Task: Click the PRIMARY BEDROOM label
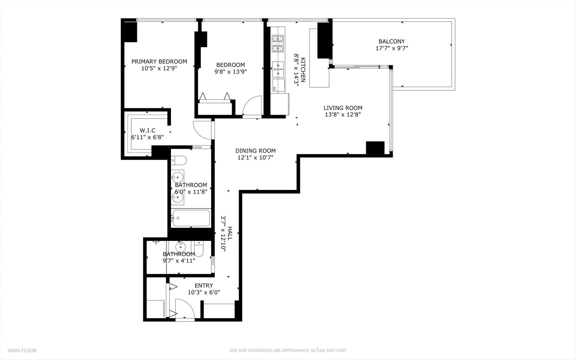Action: pyautogui.click(x=159, y=61)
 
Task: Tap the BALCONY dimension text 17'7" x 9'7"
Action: pyautogui.click(x=391, y=48)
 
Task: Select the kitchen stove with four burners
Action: pyautogui.click(x=278, y=43)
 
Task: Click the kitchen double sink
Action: pyautogui.click(x=278, y=69)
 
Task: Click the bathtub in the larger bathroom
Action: pyautogui.click(x=191, y=218)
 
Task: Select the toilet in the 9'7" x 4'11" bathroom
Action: pyautogui.click(x=199, y=249)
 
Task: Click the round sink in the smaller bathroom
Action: pyautogui.click(x=180, y=247)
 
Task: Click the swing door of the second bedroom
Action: pyautogui.click(x=253, y=106)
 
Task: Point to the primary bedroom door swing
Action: pyautogui.click(x=202, y=130)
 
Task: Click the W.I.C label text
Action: pyautogui.click(x=147, y=130)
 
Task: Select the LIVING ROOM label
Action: pyautogui.click(x=343, y=108)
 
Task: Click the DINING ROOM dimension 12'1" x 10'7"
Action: pyautogui.click(x=255, y=158)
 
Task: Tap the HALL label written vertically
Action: pyautogui.click(x=230, y=233)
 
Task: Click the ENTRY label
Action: pyautogui.click(x=204, y=285)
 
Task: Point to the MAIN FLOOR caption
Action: pyautogui.click(x=22, y=350)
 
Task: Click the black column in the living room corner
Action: pyautogui.click(x=375, y=148)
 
